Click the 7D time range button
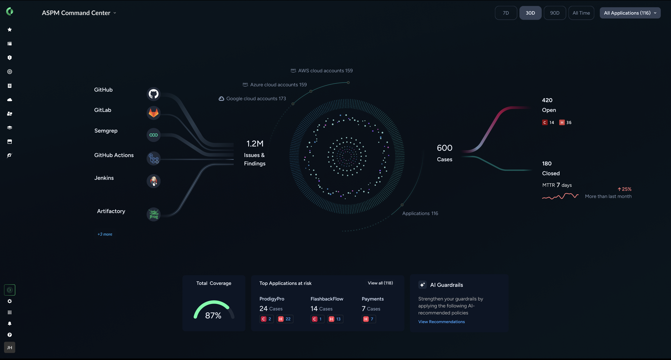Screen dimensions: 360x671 506,13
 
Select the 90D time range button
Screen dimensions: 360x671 554,13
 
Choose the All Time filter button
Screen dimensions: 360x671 581,13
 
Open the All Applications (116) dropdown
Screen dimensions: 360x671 630,13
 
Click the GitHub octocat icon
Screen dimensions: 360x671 154,94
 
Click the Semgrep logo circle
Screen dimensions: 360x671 154,135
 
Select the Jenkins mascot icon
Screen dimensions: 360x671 154,181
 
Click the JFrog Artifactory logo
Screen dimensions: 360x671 154,214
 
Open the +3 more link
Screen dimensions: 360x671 105,234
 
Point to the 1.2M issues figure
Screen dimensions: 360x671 255,144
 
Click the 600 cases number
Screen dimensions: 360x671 444,148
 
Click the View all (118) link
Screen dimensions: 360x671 380,283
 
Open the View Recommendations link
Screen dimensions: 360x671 441,322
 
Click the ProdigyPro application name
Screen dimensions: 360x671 272,299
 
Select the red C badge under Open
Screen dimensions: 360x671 545,122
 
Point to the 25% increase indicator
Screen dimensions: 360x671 625,189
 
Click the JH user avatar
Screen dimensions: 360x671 10,347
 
